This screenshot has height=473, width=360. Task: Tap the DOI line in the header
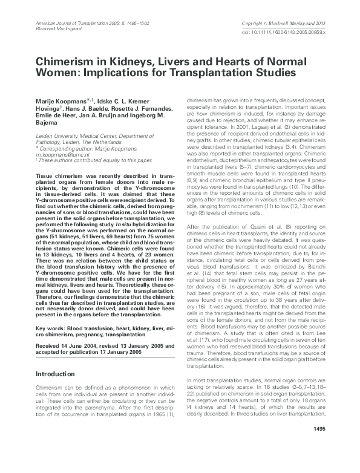point(292,33)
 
